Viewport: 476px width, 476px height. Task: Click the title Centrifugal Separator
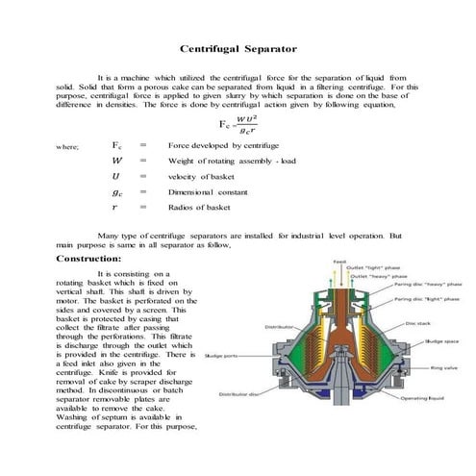pos(238,48)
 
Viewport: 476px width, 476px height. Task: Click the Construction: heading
pos(88,259)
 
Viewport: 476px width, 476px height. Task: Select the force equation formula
pos(238,123)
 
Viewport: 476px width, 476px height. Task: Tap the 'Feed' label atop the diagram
pos(339,261)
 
